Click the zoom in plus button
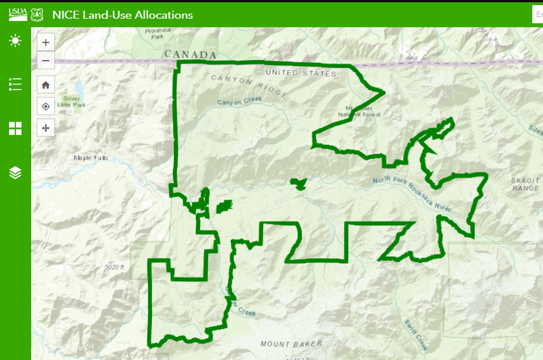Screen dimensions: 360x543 click(x=45, y=42)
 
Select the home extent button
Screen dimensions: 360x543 click(x=45, y=85)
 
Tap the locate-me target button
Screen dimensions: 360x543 click(x=45, y=106)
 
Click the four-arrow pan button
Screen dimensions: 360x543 click(x=45, y=128)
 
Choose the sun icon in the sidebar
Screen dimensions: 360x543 click(x=15, y=41)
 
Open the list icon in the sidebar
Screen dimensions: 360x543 click(x=15, y=85)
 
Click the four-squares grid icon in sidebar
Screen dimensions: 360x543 click(x=15, y=128)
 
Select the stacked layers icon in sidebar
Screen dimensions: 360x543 click(x=15, y=173)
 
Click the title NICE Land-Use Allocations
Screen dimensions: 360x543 click(x=122, y=14)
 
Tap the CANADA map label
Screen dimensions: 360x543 click(x=189, y=54)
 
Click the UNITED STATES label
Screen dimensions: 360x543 click(x=300, y=74)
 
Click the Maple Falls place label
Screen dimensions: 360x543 click(x=91, y=158)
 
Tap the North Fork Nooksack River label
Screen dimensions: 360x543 click(x=413, y=192)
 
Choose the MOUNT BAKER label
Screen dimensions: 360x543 click(x=291, y=344)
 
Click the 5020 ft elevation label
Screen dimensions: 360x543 click(x=114, y=267)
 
